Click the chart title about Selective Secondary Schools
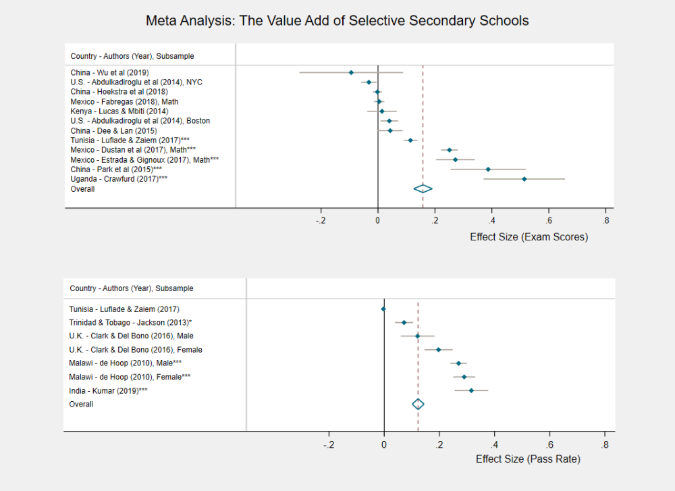click(337, 21)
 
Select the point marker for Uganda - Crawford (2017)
click(524, 179)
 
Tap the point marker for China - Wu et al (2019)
click(351, 72)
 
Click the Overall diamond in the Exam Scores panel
click(423, 189)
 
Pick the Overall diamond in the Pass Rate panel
click(418, 404)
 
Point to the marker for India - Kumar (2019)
click(471, 390)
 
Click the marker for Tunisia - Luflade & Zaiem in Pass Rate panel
click(383, 309)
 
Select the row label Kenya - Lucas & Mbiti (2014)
click(119, 111)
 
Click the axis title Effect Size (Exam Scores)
click(529, 237)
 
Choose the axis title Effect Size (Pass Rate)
click(528, 459)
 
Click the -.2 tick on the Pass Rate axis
click(329, 445)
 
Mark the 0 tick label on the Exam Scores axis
click(378, 220)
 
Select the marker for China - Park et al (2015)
click(488, 170)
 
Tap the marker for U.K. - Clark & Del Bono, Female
click(439, 350)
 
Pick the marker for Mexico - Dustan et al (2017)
click(450, 150)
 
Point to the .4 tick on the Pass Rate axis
click(495, 445)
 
